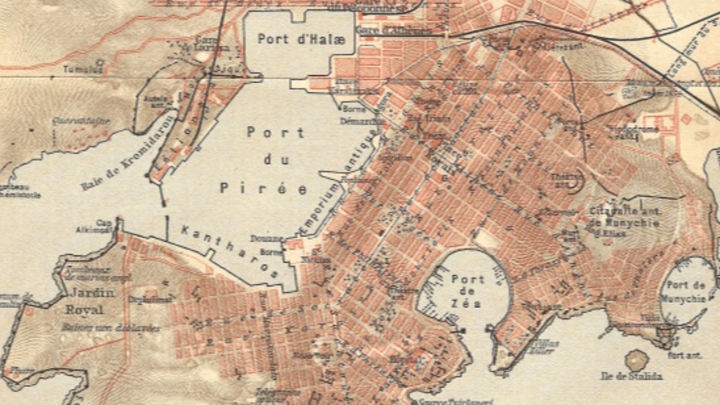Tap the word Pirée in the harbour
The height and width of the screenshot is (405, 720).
coord(263,189)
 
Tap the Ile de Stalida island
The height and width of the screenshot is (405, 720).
coord(636,360)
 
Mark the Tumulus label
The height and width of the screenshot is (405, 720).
coord(82,69)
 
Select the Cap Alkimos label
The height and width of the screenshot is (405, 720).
coord(94,226)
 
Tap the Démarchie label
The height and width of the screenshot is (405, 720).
coord(361,121)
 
